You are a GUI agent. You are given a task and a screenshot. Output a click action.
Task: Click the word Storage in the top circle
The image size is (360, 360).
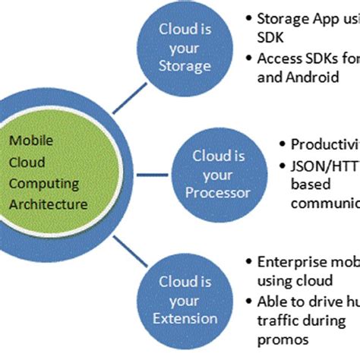185,66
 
